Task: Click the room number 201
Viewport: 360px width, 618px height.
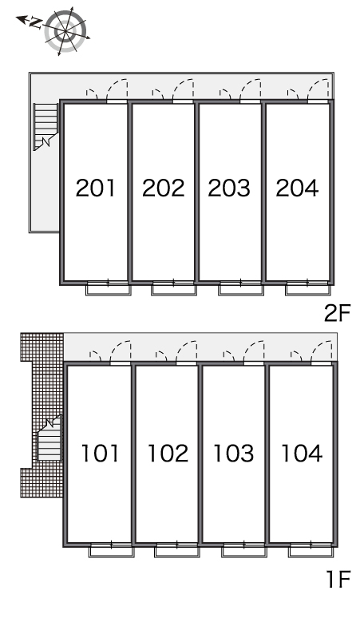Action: tap(96, 188)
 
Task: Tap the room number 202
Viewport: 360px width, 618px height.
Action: tap(163, 188)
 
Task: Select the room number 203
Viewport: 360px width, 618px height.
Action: tap(229, 188)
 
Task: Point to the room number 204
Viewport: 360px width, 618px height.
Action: tap(297, 188)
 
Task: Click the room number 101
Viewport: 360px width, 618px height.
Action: tap(100, 454)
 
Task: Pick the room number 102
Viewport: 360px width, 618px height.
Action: tap(168, 454)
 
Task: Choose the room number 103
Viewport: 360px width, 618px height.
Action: tap(234, 454)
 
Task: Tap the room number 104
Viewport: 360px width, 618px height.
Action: tap(302, 454)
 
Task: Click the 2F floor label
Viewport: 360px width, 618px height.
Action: tap(337, 313)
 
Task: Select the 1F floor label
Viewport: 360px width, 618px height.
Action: tap(338, 579)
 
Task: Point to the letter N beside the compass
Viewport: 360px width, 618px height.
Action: tap(35, 23)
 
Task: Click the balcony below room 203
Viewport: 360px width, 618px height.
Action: tap(240, 289)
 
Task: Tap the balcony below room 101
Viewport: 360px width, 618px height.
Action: tap(112, 551)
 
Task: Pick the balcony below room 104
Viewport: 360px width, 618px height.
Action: tap(311, 551)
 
